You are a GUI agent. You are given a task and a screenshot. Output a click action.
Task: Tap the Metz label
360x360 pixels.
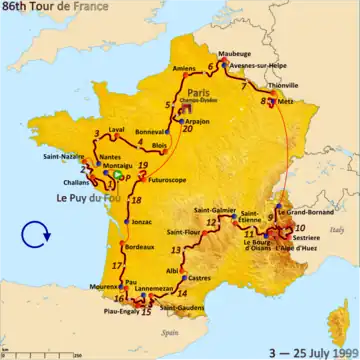(x=285, y=101)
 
